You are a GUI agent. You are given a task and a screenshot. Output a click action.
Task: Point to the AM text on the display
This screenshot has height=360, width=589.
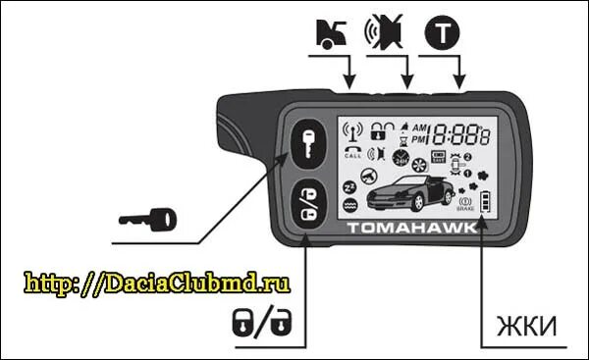(x=419, y=128)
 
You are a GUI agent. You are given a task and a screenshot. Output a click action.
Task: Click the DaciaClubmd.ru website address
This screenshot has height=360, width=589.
(x=157, y=283)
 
